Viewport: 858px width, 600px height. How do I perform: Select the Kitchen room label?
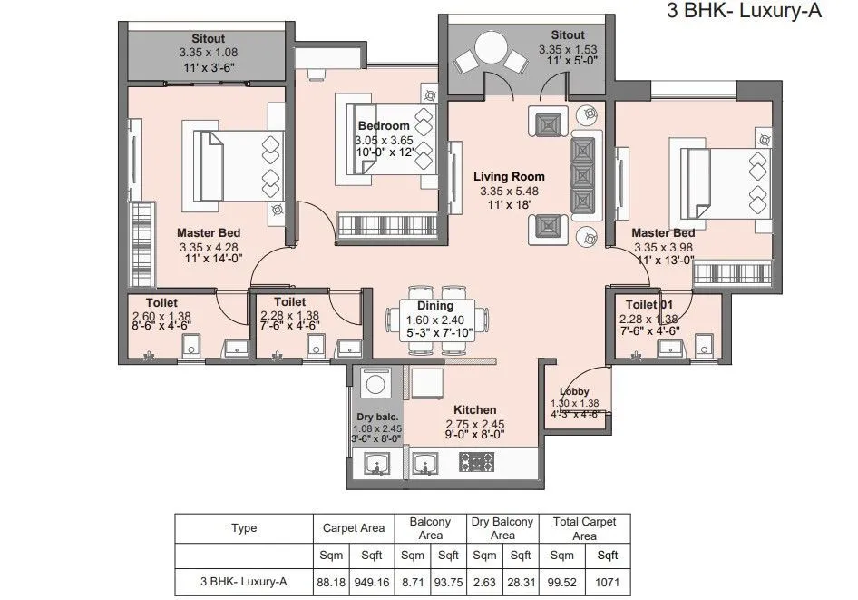pos(474,409)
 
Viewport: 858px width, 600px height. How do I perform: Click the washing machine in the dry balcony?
pos(375,384)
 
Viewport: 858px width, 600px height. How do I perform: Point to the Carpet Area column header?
pos(353,527)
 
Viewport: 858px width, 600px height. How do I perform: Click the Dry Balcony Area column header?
pos(502,528)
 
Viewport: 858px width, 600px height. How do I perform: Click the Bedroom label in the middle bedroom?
pos(384,125)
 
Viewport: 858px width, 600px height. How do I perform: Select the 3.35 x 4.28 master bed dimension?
pos(208,246)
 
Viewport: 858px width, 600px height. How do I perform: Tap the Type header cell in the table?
pos(244,528)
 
